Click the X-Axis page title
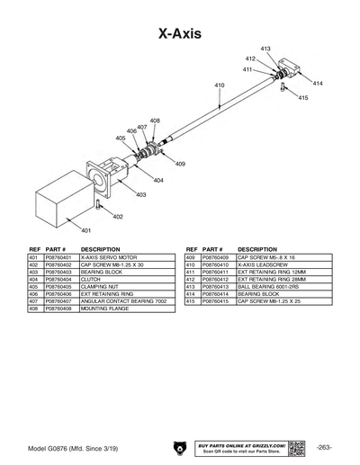click(x=180, y=33)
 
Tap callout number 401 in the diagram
click(x=86, y=231)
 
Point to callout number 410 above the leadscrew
click(x=219, y=85)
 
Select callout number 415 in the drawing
click(x=302, y=97)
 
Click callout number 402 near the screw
click(x=118, y=217)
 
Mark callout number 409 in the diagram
click(x=180, y=164)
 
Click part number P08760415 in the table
click(x=216, y=301)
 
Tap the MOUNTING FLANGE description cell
click(x=104, y=309)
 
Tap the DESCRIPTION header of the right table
click(x=257, y=248)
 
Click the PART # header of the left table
click(x=58, y=248)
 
